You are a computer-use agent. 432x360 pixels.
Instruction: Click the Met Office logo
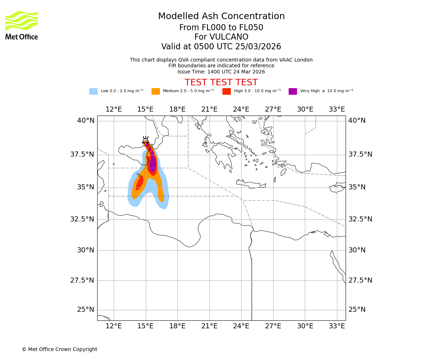pyautogui.click(x=22, y=25)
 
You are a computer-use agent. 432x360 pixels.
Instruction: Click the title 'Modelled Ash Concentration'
pyautogui.click(x=221, y=17)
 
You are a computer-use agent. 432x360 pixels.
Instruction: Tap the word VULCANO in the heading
pyautogui.click(x=221, y=37)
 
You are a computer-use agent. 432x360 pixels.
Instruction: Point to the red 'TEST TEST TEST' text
pyautogui.click(x=221, y=82)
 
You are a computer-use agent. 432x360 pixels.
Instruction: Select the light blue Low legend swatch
pyautogui.click(x=93, y=91)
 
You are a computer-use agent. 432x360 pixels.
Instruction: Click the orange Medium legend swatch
pyautogui.click(x=156, y=91)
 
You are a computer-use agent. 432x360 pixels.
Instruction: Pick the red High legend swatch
pyautogui.click(x=226, y=91)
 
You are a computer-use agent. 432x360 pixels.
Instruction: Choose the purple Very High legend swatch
pyautogui.click(x=293, y=91)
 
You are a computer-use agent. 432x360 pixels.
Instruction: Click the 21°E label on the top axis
pyautogui.click(x=209, y=109)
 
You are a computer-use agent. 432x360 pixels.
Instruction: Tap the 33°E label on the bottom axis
pyautogui.click(x=337, y=326)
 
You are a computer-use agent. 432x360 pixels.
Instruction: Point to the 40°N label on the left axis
pyautogui.click(x=86, y=121)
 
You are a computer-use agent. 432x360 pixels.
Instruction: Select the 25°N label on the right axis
pyautogui.click(x=357, y=310)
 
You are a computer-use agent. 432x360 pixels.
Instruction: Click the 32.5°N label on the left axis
pyautogui.click(x=82, y=219)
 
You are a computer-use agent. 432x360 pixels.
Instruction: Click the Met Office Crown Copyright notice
pyautogui.click(x=59, y=349)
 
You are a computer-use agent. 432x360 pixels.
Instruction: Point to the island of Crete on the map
pyautogui.click(x=251, y=185)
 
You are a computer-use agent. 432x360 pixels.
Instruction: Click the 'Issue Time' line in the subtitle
pyautogui.click(x=221, y=72)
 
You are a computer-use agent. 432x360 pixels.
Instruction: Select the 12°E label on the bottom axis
pyautogui.click(x=114, y=326)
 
